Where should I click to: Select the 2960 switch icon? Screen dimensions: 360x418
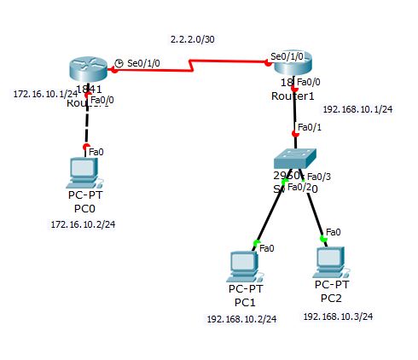(x=295, y=160)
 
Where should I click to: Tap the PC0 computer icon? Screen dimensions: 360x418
(x=84, y=171)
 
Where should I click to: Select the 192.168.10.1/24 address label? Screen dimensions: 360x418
(x=357, y=110)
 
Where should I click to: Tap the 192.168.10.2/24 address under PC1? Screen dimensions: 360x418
(x=241, y=319)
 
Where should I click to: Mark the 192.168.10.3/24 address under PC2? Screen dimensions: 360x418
(x=338, y=316)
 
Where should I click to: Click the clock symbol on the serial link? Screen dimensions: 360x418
(x=119, y=63)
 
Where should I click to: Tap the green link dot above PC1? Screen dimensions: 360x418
(x=255, y=243)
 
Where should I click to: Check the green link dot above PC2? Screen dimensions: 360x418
(x=323, y=238)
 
